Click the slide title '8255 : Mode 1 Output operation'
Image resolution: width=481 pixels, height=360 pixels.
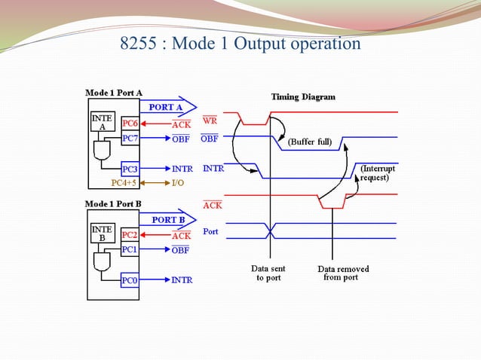pyautogui.click(x=240, y=44)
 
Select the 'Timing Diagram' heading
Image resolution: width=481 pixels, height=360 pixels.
pyautogui.click(x=303, y=97)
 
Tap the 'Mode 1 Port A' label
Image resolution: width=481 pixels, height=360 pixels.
pyautogui.click(x=113, y=92)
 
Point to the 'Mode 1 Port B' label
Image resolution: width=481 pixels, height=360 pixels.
pyautogui.click(x=113, y=204)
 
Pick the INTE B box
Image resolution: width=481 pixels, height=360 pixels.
pyautogui.click(x=101, y=233)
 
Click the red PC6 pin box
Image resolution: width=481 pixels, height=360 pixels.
pyautogui.click(x=130, y=124)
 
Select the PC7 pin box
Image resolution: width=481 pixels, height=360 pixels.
pyautogui.click(x=130, y=139)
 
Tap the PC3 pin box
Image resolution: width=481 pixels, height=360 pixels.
pyautogui.click(x=130, y=169)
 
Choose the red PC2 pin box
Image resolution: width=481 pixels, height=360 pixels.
pyautogui.click(x=130, y=235)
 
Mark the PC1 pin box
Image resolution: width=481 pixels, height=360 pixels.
pyautogui.click(x=130, y=249)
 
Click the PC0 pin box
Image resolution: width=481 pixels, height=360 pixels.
pyautogui.click(x=130, y=280)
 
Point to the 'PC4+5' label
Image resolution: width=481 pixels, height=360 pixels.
pyautogui.click(x=125, y=183)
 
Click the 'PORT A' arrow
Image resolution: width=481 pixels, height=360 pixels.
pyautogui.click(x=170, y=108)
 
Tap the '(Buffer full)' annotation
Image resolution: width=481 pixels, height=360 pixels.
pyautogui.click(x=309, y=142)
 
